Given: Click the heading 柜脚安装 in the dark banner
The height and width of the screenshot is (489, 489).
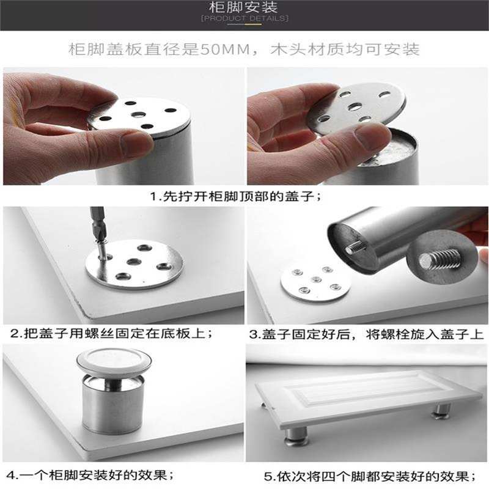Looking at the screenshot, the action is click(243, 7).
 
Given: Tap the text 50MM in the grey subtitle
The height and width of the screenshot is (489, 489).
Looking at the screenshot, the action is click(225, 50).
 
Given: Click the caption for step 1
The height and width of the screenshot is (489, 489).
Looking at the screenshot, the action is click(235, 196).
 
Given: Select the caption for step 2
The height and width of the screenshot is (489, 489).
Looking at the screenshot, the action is click(111, 333).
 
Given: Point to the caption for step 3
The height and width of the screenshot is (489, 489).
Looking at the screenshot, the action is click(366, 334).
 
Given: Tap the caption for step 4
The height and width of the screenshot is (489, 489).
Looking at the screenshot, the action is click(90, 476).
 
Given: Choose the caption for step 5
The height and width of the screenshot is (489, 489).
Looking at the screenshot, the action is click(370, 476).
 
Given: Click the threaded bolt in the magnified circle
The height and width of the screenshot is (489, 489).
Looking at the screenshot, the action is click(439, 257).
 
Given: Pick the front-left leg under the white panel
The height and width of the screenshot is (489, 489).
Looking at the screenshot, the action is click(296, 435).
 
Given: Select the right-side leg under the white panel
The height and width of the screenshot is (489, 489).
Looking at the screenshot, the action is click(442, 410).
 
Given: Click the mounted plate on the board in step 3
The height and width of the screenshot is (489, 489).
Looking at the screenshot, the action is click(315, 283).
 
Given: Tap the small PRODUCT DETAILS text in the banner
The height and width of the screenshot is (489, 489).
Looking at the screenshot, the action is click(244, 18).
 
